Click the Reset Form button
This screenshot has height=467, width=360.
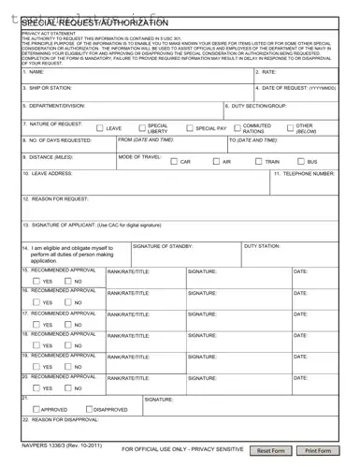pyautogui.click(x=271, y=450)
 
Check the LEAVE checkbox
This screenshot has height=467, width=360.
pyautogui.click(x=100, y=128)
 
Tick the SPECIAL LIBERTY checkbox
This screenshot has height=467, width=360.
pyautogui.click(x=142, y=128)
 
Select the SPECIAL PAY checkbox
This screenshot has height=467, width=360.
pyautogui.click(x=190, y=128)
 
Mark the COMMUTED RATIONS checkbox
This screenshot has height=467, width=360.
pyautogui.click(x=238, y=128)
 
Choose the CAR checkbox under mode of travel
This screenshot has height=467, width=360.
pyautogui.click(x=174, y=162)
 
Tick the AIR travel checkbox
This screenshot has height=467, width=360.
pyautogui.click(x=215, y=162)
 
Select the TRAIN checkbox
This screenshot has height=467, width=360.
pyautogui.click(x=258, y=162)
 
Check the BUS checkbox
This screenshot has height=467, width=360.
pyautogui.click(x=301, y=162)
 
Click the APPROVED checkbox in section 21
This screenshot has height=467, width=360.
pyautogui.click(x=36, y=409)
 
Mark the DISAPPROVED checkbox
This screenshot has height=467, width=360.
pyautogui.click(x=89, y=409)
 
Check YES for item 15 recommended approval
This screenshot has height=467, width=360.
pyautogui.click(x=36, y=281)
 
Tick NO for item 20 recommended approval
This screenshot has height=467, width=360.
pyautogui.click(x=67, y=387)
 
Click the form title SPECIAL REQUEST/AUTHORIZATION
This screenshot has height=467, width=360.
pyautogui.click(x=94, y=22)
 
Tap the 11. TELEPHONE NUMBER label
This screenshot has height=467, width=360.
pyautogui.click(x=304, y=174)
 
